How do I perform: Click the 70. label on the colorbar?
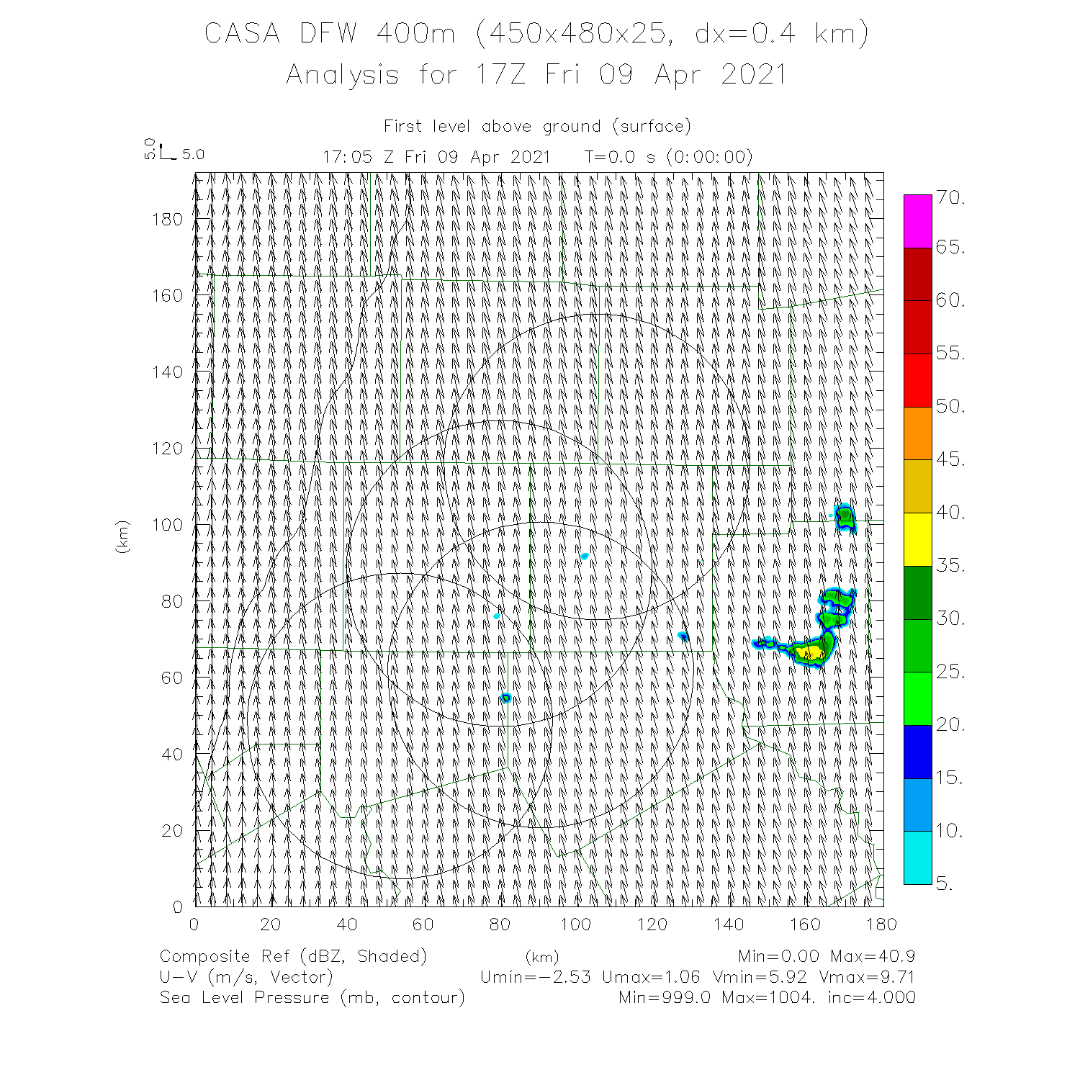coord(950,198)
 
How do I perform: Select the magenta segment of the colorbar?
coord(917,221)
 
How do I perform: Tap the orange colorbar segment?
coord(917,433)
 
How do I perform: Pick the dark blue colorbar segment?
coord(917,752)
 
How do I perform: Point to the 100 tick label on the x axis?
coord(575,924)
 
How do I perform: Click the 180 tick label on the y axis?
coord(167,220)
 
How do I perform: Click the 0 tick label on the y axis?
coord(178,906)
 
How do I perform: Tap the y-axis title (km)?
coord(122,536)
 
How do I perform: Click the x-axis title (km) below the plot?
coord(541,958)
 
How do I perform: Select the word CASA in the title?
coord(242,34)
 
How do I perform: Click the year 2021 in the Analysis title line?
coord(753,75)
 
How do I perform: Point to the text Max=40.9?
coord(872,957)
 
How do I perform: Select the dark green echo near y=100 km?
coord(845,516)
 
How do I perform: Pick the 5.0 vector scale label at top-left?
coord(193,155)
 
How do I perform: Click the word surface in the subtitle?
coord(652,127)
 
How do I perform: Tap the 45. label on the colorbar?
coord(950,459)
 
